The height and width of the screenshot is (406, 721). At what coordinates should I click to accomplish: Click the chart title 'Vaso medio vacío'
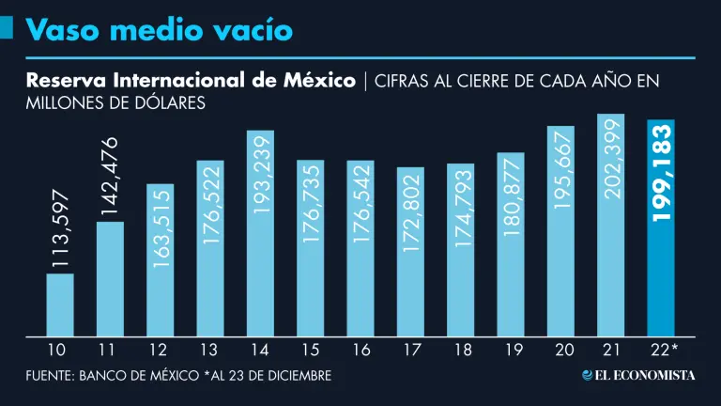[x=160, y=30]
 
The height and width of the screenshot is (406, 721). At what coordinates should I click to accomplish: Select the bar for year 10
[x=59, y=305]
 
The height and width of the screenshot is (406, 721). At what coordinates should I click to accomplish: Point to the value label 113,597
[x=60, y=240]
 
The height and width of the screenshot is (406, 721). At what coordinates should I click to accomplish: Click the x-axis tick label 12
[x=160, y=351]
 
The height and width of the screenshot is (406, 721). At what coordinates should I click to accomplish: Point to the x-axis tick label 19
[x=511, y=351]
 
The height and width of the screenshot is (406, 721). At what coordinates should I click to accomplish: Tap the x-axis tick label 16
[x=360, y=351]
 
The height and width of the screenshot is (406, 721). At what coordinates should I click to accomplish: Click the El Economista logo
[x=638, y=375]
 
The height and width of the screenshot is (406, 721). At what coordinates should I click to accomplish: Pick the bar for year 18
[x=461, y=251]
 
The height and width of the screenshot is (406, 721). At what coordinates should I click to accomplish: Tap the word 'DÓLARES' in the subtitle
[x=169, y=103]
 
